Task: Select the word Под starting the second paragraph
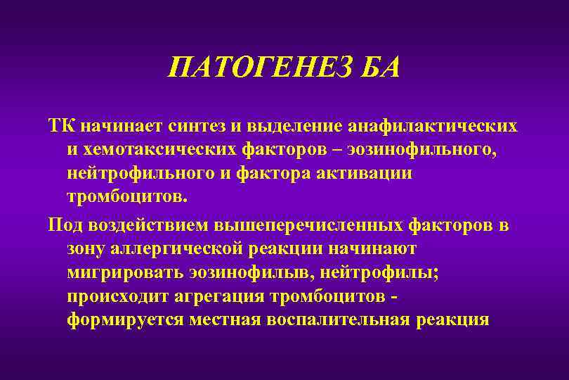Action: (64, 225)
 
